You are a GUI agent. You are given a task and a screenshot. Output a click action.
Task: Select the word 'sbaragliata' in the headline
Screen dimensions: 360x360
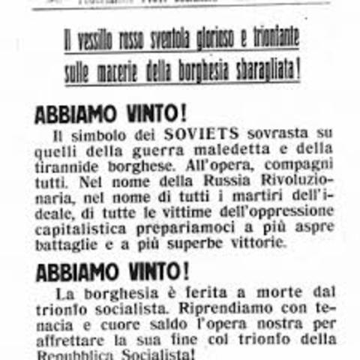264,73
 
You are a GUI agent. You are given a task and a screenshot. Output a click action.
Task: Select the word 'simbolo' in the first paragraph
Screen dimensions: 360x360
94,135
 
